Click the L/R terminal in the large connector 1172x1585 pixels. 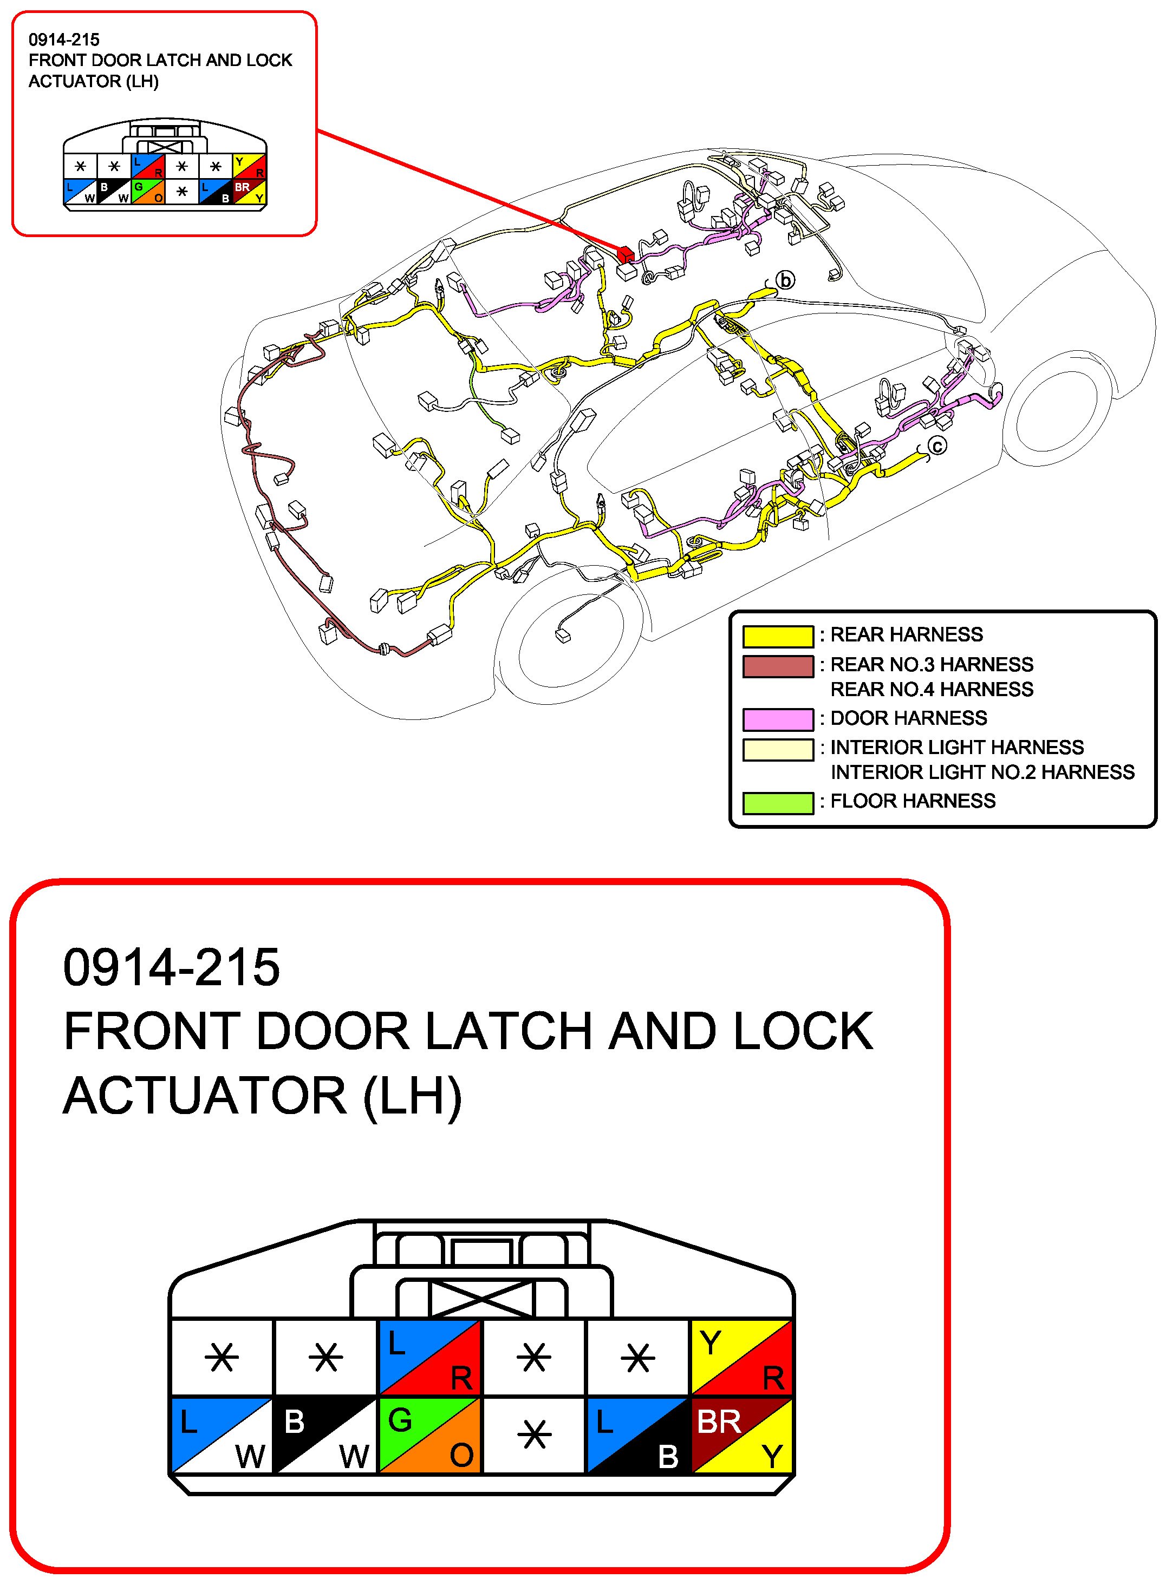[430, 1356]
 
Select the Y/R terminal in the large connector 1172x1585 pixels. [741, 1356]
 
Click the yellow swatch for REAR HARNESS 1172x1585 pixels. [778, 636]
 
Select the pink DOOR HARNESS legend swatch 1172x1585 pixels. [778, 719]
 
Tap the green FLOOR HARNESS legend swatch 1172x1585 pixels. [778, 802]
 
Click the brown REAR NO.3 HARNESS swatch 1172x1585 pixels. [778, 666]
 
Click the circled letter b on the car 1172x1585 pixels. [785, 281]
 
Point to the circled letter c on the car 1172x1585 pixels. [937, 446]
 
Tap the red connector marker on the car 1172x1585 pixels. [626, 254]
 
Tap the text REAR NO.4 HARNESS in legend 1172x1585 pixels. [932, 689]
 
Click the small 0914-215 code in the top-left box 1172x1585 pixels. [64, 40]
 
